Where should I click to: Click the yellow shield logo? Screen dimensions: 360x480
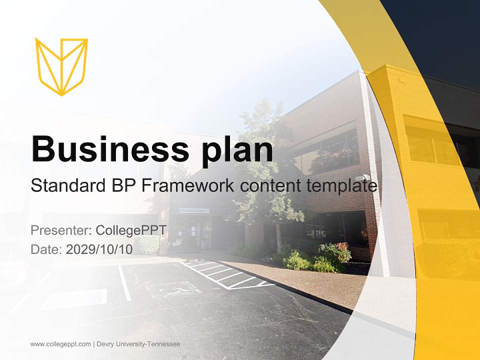(x=61, y=66)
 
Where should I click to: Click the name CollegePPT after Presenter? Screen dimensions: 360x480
(x=131, y=230)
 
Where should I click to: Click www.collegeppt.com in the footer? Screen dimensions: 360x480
(x=60, y=344)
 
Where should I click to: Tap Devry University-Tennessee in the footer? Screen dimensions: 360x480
(x=138, y=344)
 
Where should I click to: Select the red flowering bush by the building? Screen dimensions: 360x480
(x=339, y=250)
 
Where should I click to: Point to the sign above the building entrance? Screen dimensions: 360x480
(x=194, y=210)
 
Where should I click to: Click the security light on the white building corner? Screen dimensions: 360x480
(x=366, y=177)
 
